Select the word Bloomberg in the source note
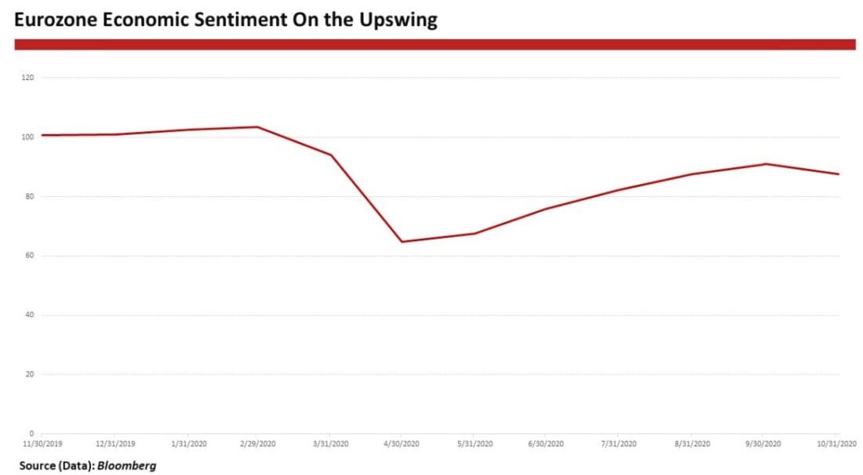pyautogui.click(x=126, y=466)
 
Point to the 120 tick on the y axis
pyautogui.click(x=28, y=78)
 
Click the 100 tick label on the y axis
pyautogui.click(x=28, y=137)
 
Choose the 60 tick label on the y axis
pyautogui.click(x=30, y=256)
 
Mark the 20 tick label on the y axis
pyautogui.click(x=30, y=375)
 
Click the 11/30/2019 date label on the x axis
pyautogui.click(x=42, y=444)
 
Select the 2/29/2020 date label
pyautogui.click(x=257, y=444)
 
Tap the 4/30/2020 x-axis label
pyautogui.click(x=402, y=444)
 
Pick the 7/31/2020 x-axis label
pyautogui.click(x=618, y=444)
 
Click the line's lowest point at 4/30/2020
pyautogui.click(x=402, y=241)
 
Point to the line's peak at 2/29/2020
pyautogui.click(x=257, y=126)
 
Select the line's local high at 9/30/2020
pyautogui.click(x=766, y=164)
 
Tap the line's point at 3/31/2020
pyautogui.click(x=330, y=155)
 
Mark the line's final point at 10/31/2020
pyautogui.click(x=838, y=174)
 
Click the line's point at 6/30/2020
pyautogui.click(x=546, y=209)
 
